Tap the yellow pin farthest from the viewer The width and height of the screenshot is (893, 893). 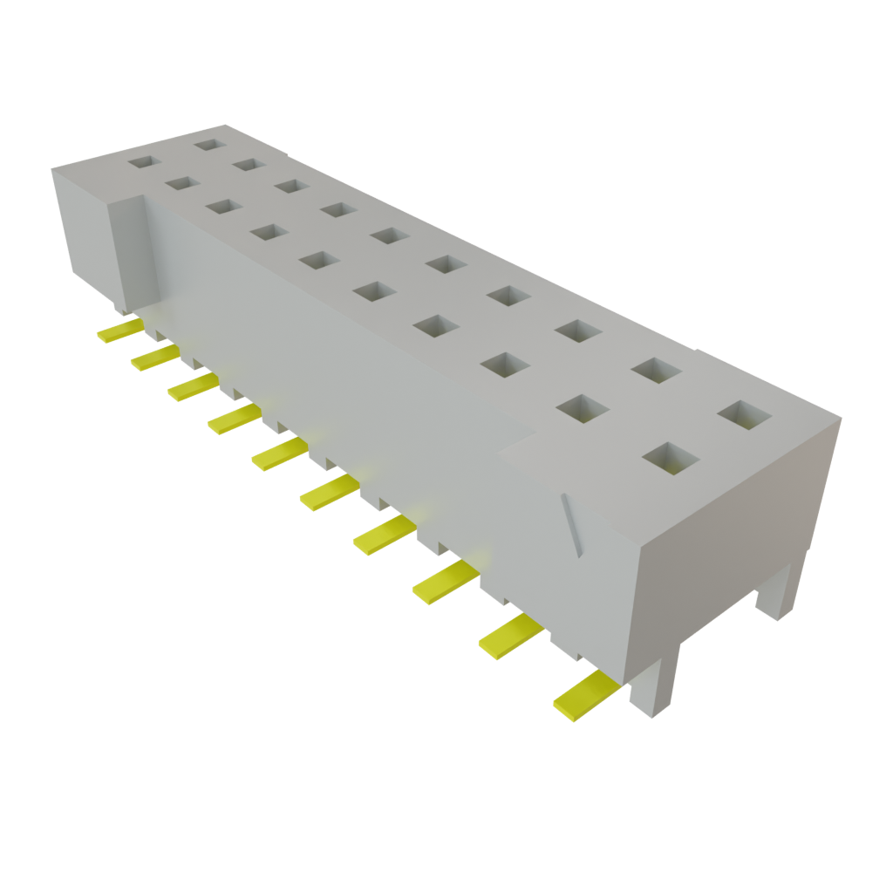119,330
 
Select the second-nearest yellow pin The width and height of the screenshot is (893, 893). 510,634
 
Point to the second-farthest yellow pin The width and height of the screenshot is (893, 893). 154,357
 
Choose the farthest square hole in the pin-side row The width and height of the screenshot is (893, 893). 141,161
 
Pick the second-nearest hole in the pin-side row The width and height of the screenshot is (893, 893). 582,407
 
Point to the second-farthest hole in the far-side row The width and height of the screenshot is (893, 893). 249,164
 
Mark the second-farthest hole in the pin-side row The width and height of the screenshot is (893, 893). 181,183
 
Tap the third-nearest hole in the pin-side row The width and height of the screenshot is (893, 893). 507,365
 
